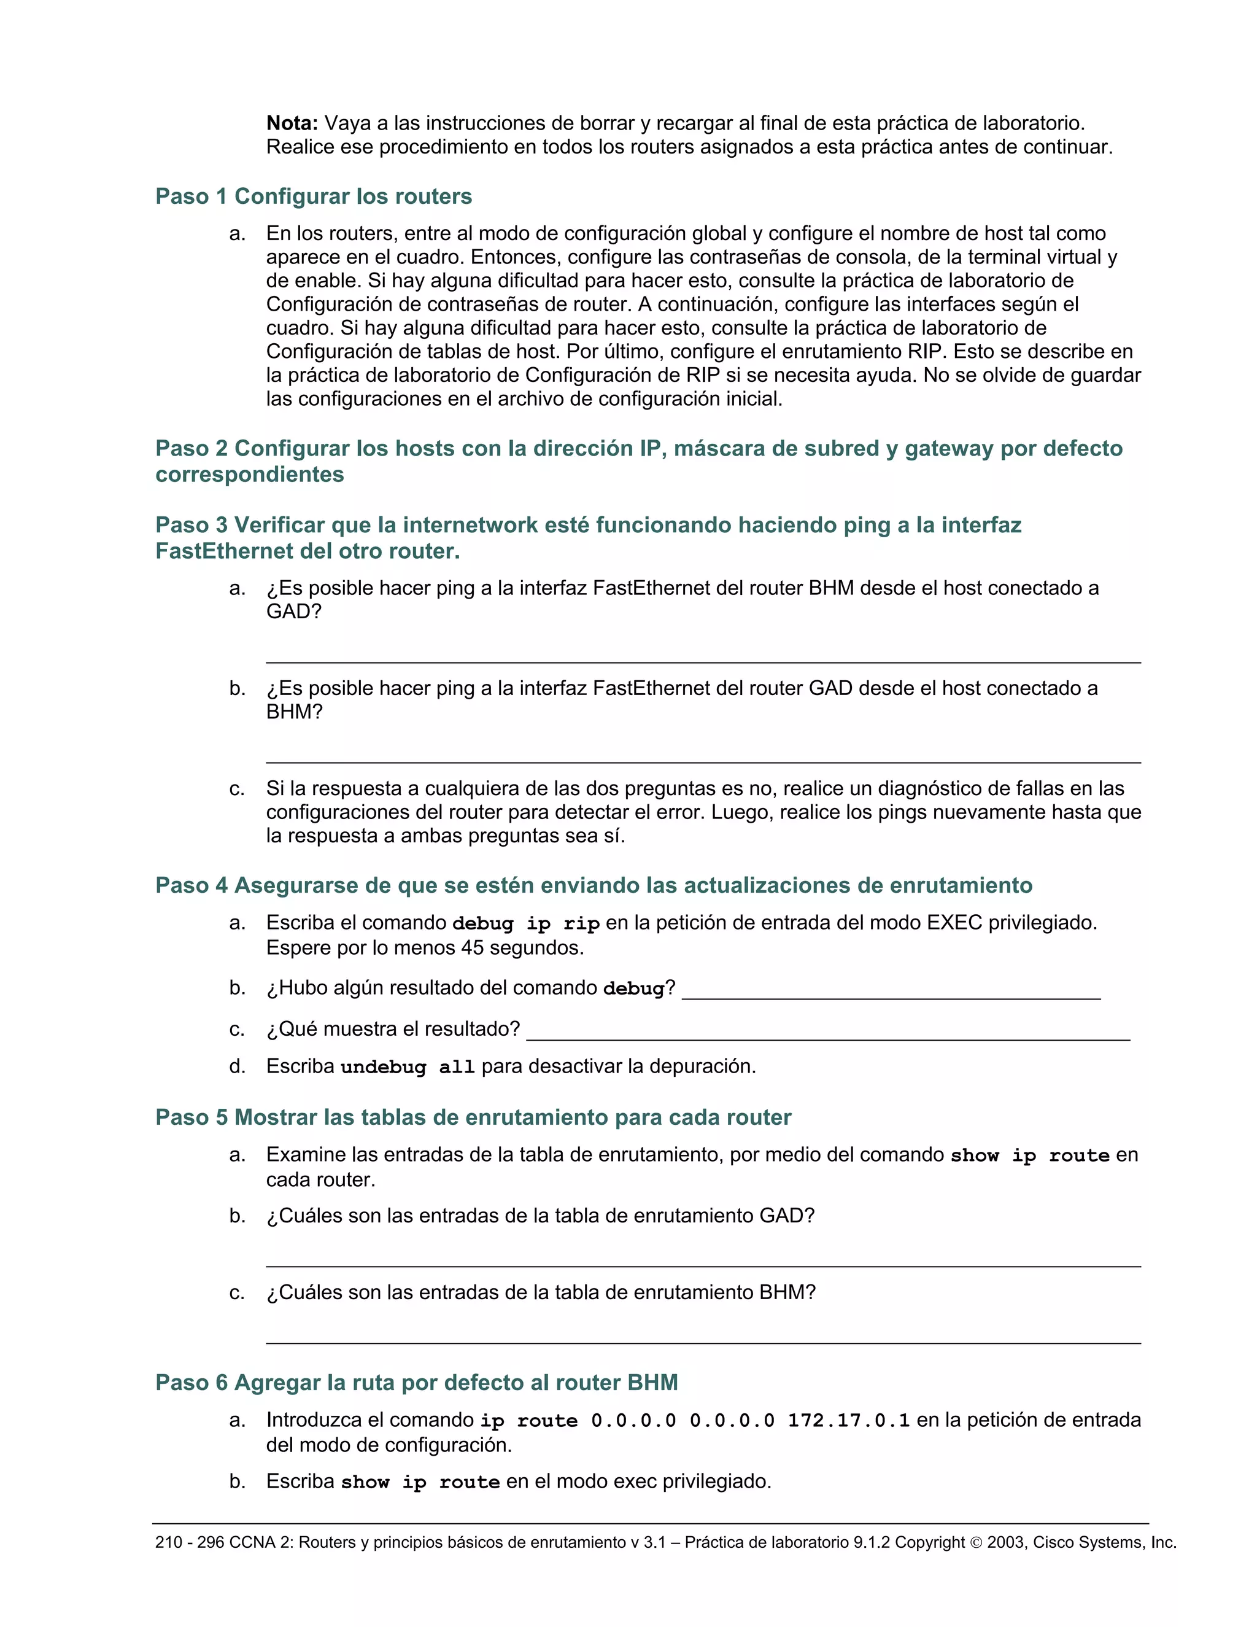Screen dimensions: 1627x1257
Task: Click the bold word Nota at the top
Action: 292,123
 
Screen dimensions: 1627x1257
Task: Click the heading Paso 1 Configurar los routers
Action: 314,196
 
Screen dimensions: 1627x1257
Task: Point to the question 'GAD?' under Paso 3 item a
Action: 293,612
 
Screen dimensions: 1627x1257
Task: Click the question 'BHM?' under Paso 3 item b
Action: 294,712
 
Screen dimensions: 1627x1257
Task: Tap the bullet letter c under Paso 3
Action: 237,788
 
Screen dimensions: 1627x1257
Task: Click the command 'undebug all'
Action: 408,1067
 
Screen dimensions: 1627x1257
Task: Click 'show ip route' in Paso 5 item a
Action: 1029,1155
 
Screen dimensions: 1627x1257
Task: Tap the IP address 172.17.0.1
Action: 848,1421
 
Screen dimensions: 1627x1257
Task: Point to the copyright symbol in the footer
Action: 977,1542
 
